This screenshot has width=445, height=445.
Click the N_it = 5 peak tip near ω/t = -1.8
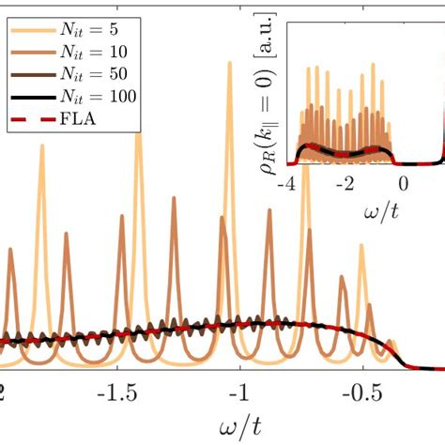point(41,146)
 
